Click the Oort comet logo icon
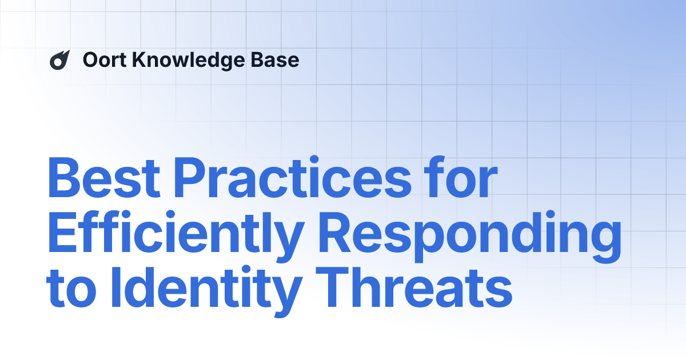(59, 60)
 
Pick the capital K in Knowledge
(137, 60)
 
